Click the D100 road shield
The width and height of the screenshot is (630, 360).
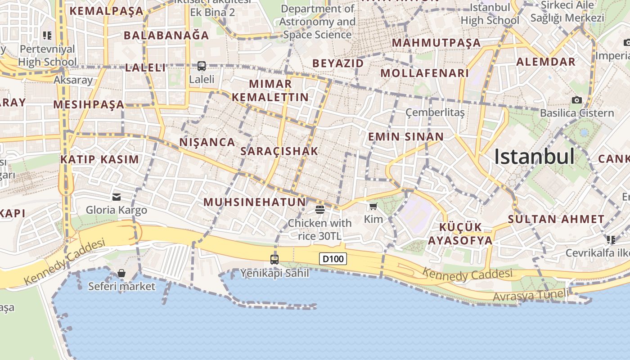(333, 259)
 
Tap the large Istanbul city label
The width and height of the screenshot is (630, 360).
(534, 157)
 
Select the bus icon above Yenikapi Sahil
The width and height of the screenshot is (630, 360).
(274, 259)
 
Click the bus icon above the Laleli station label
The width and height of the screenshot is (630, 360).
(201, 66)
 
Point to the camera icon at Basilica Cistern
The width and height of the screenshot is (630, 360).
(576, 100)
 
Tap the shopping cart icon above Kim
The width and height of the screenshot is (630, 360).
(373, 206)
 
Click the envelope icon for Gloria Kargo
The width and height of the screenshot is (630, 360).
(117, 197)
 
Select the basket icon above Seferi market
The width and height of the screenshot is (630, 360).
(121, 273)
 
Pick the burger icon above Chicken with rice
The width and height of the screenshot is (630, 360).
(320, 209)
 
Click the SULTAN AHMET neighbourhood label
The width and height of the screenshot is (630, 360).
(556, 219)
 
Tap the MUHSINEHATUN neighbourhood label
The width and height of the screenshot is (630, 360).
(255, 202)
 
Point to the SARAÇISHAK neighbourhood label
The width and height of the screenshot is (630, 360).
(279, 151)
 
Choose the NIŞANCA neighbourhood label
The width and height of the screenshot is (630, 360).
(207, 142)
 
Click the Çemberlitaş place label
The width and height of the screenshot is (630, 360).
(435, 112)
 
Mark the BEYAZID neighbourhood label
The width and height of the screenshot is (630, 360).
(338, 63)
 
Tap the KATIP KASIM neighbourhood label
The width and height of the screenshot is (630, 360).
(99, 159)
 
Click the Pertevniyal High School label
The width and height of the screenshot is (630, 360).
(48, 55)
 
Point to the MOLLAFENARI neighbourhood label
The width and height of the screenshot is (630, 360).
(424, 73)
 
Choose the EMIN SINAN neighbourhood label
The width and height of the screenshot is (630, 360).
(406, 136)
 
